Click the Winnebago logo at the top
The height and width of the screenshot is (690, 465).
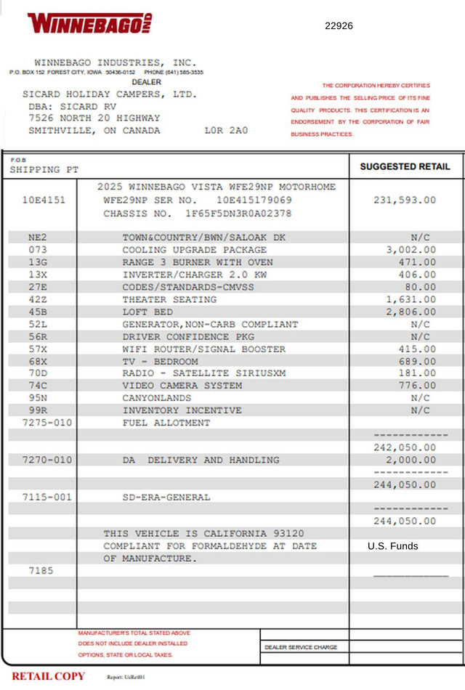(89, 23)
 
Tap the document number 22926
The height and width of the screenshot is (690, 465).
(339, 25)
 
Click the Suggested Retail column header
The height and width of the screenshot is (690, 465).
(405, 166)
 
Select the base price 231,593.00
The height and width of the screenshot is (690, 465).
(405, 200)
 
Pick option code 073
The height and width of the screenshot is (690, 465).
(38, 250)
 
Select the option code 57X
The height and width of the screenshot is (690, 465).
(38, 349)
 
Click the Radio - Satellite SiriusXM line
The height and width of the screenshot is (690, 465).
(203, 373)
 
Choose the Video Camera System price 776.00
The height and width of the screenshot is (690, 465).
(417, 386)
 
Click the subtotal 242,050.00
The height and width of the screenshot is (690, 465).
(405, 447)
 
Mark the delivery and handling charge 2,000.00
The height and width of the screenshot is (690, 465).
(411, 460)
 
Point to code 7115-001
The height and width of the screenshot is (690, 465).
(47, 497)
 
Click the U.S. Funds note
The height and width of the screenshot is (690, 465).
(392, 546)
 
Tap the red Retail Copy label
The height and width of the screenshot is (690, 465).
(48, 676)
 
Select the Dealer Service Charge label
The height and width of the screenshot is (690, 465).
(301, 647)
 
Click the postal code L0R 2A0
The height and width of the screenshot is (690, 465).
(226, 131)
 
